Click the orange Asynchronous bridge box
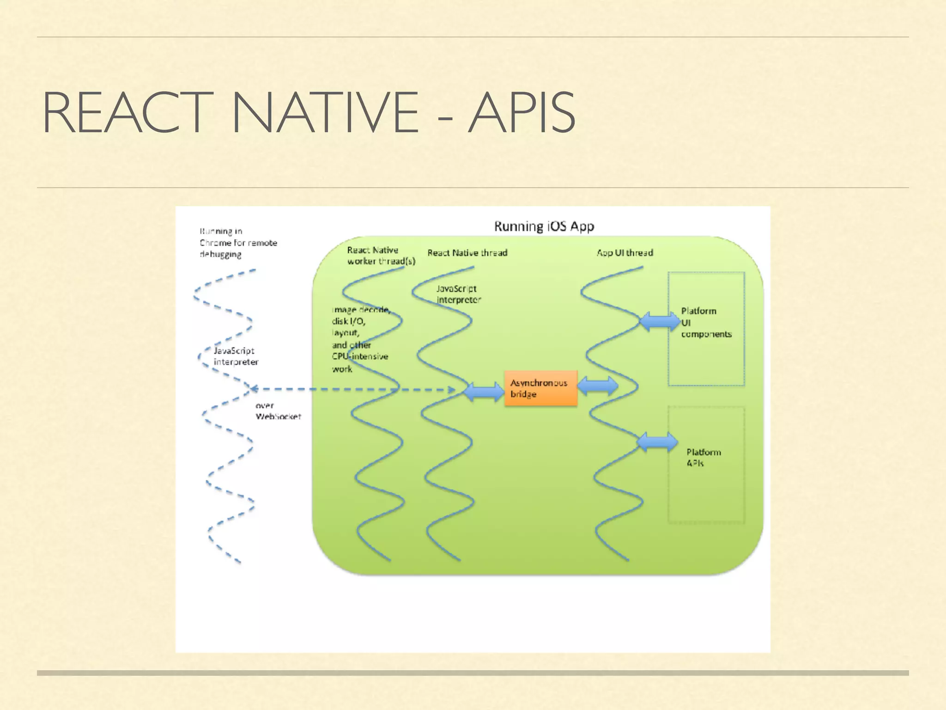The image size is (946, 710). coord(540,388)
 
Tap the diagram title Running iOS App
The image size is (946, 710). coord(544,226)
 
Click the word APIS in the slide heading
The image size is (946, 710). coord(522,113)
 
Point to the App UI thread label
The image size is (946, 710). coord(625,253)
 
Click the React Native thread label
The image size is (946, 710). coord(467,253)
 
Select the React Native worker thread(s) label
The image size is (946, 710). coord(381,256)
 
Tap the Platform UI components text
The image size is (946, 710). coord(706,323)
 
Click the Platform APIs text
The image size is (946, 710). coord(703,458)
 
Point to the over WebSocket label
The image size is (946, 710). coord(278,411)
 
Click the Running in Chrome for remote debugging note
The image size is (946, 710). coord(238,243)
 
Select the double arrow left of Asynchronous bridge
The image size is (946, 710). coord(484,392)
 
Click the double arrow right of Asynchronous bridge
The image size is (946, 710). coord(598,386)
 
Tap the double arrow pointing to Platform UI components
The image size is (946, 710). coord(660,321)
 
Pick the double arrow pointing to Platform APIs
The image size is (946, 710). coord(657,442)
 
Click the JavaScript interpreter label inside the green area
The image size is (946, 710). coord(458,294)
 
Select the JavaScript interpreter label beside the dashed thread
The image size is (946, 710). coord(236,356)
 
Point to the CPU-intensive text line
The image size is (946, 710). coord(360,356)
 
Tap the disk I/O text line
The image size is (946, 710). coord(348,321)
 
